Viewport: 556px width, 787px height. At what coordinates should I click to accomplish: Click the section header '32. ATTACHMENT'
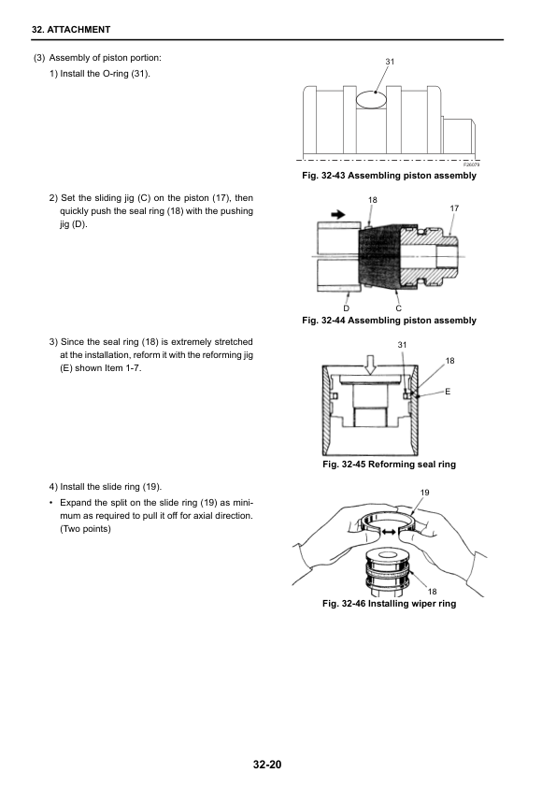click(71, 30)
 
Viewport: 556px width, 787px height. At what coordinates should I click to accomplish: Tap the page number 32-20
click(267, 765)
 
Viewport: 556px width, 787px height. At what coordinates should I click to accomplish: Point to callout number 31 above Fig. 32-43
click(390, 62)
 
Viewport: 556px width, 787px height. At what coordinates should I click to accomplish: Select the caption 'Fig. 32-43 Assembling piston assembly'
click(389, 175)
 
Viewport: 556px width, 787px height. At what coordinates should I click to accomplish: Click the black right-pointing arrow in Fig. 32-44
click(338, 214)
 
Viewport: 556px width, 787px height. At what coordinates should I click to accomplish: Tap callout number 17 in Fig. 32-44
click(454, 207)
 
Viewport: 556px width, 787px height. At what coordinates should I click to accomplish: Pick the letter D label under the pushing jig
click(347, 308)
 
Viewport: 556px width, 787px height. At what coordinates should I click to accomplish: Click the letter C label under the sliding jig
click(398, 308)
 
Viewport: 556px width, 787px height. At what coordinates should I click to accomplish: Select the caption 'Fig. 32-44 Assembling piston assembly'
click(389, 321)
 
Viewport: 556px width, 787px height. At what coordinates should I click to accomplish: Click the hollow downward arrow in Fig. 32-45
click(370, 365)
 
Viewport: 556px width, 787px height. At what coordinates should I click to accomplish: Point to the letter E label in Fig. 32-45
click(448, 391)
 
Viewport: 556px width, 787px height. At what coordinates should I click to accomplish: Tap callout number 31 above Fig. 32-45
click(402, 345)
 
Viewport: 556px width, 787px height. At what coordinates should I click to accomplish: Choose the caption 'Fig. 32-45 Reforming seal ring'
click(389, 465)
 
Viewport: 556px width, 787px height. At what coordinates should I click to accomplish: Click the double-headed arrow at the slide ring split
click(389, 531)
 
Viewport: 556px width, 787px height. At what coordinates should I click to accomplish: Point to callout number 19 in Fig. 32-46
click(424, 493)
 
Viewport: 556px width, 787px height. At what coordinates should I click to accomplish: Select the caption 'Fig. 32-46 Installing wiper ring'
click(389, 603)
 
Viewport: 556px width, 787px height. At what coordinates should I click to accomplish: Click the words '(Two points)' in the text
click(85, 528)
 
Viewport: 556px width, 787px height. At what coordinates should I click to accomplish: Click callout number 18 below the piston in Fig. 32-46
click(432, 592)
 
